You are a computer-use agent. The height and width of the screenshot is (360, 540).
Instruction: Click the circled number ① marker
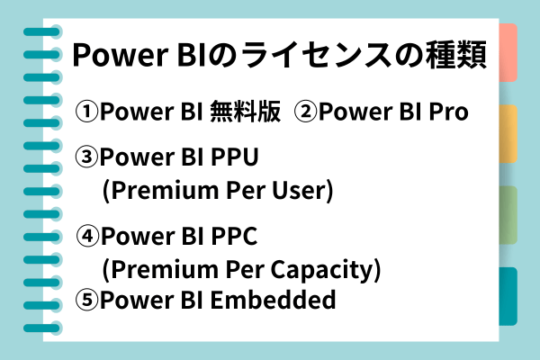(x=86, y=112)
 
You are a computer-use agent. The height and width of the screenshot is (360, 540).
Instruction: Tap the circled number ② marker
(x=305, y=112)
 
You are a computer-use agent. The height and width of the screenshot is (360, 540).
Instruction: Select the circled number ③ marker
(x=86, y=157)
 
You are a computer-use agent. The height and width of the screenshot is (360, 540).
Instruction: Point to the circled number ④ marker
(x=87, y=236)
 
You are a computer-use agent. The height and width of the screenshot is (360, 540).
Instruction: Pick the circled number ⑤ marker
(x=86, y=300)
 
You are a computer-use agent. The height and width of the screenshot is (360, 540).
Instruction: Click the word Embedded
(x=273, y=300)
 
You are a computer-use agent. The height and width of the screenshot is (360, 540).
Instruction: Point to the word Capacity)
(x=326, y=270)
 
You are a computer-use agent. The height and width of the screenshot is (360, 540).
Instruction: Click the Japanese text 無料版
(x=245, y=112)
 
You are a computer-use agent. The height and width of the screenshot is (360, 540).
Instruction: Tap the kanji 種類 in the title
(x=456, y=55)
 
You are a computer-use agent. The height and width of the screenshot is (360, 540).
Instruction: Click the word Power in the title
(x=121, y=55)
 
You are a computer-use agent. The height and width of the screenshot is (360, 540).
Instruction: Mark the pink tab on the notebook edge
(x=508, y=52)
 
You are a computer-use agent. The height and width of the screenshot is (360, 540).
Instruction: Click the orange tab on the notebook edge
(x=508, y=134)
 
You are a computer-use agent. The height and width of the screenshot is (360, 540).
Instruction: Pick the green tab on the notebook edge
(x=508, y=215)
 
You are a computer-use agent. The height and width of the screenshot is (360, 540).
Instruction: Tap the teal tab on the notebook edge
(x=508, y=296)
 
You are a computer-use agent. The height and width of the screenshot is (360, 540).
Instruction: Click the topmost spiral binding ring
(x=42, y=32)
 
